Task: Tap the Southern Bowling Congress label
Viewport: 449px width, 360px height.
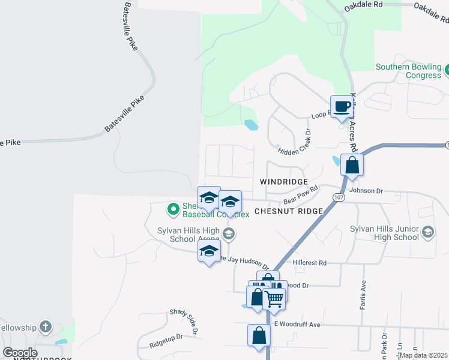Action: (x=408, y=71)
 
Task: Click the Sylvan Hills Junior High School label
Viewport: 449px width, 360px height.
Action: (x=385, y=233)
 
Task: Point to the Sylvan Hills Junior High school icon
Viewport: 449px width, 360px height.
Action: (x=427, y=232)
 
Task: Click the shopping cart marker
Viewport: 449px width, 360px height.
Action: (x=274, y=298)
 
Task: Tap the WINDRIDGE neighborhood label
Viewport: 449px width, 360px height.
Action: (x=284, y=181)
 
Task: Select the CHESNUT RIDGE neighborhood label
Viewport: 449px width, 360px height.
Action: (x=289, y=211)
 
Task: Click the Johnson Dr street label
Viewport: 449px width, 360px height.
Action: (x=366, y=191)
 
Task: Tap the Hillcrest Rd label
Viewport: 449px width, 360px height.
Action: (x=309, y=263)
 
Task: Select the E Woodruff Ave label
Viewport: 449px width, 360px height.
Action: (x=297, y=324)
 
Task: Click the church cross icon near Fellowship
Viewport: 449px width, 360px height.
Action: (x=45, y=327)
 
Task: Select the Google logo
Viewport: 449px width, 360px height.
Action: (x=19, y=353)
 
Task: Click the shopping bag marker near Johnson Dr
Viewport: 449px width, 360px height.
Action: (x=352, y=165)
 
